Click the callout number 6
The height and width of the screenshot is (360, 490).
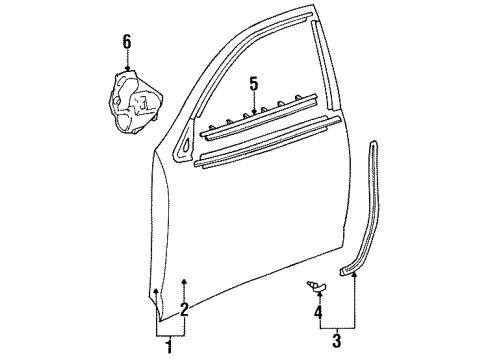coord(126,41)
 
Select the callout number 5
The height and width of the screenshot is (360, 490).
coord(254,84)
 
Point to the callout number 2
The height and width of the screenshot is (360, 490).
coord(183,308)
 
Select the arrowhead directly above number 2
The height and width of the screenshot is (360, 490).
coord(183,283)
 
